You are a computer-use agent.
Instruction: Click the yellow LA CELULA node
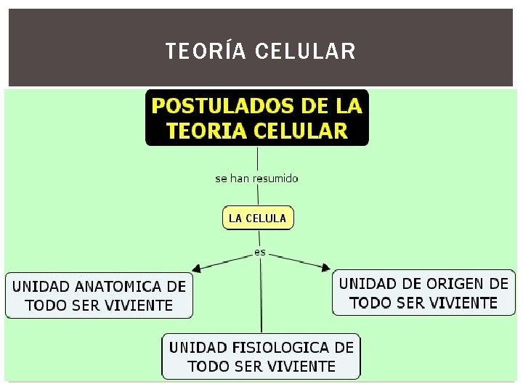pyautogui.click(x=257, y=218)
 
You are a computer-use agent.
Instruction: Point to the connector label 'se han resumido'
pyautogui.click(x=256, y=179)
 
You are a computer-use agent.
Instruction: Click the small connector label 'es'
pyautogui.click(x=260, y=253)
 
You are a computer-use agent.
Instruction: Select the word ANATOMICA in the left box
pyautogui.click(x=113, y=286)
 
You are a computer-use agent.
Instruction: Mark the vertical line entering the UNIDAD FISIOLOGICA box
pyautogui.click(x=261, y=305)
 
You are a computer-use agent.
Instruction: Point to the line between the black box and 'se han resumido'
pyautogui.click(x=257, y=158)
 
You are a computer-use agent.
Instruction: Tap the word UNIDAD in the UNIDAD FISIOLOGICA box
pyautogui.click(x=196, y=347)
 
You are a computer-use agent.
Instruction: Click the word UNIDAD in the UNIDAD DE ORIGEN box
pyautogui.click(x=368, y=283)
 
